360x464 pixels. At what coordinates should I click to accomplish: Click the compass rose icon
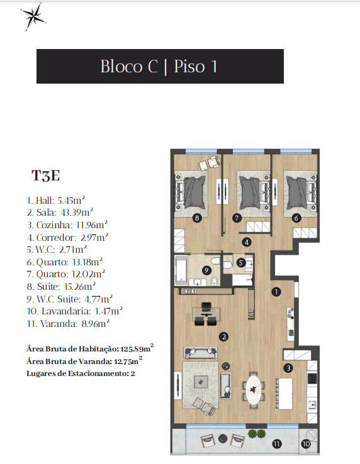click(33, 16)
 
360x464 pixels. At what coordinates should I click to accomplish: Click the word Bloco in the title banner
click(121, 66)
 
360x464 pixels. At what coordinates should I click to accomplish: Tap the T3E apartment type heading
click(46, 175)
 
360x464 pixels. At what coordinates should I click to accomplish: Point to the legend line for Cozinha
click(67, 225)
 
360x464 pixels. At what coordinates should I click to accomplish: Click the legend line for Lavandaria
click(75, 311)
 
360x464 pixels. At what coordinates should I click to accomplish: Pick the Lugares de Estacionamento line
click(81, 373)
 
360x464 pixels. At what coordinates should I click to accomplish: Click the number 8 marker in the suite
click(197, 218)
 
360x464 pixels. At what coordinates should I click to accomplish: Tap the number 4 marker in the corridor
click(247, 242)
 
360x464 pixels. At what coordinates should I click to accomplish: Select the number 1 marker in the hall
click(276, 292)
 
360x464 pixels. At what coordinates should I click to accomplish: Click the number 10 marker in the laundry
click(306, 444)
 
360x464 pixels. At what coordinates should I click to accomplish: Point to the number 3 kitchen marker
click(288, 368)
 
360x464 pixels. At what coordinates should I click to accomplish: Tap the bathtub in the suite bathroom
click(181, 271)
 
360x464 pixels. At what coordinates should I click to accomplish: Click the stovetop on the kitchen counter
click(312, 378)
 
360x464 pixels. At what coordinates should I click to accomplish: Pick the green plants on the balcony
click(257, 434)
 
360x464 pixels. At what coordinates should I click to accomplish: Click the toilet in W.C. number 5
click(227, 264)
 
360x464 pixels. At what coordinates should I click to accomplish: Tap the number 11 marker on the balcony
click(277, 444)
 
